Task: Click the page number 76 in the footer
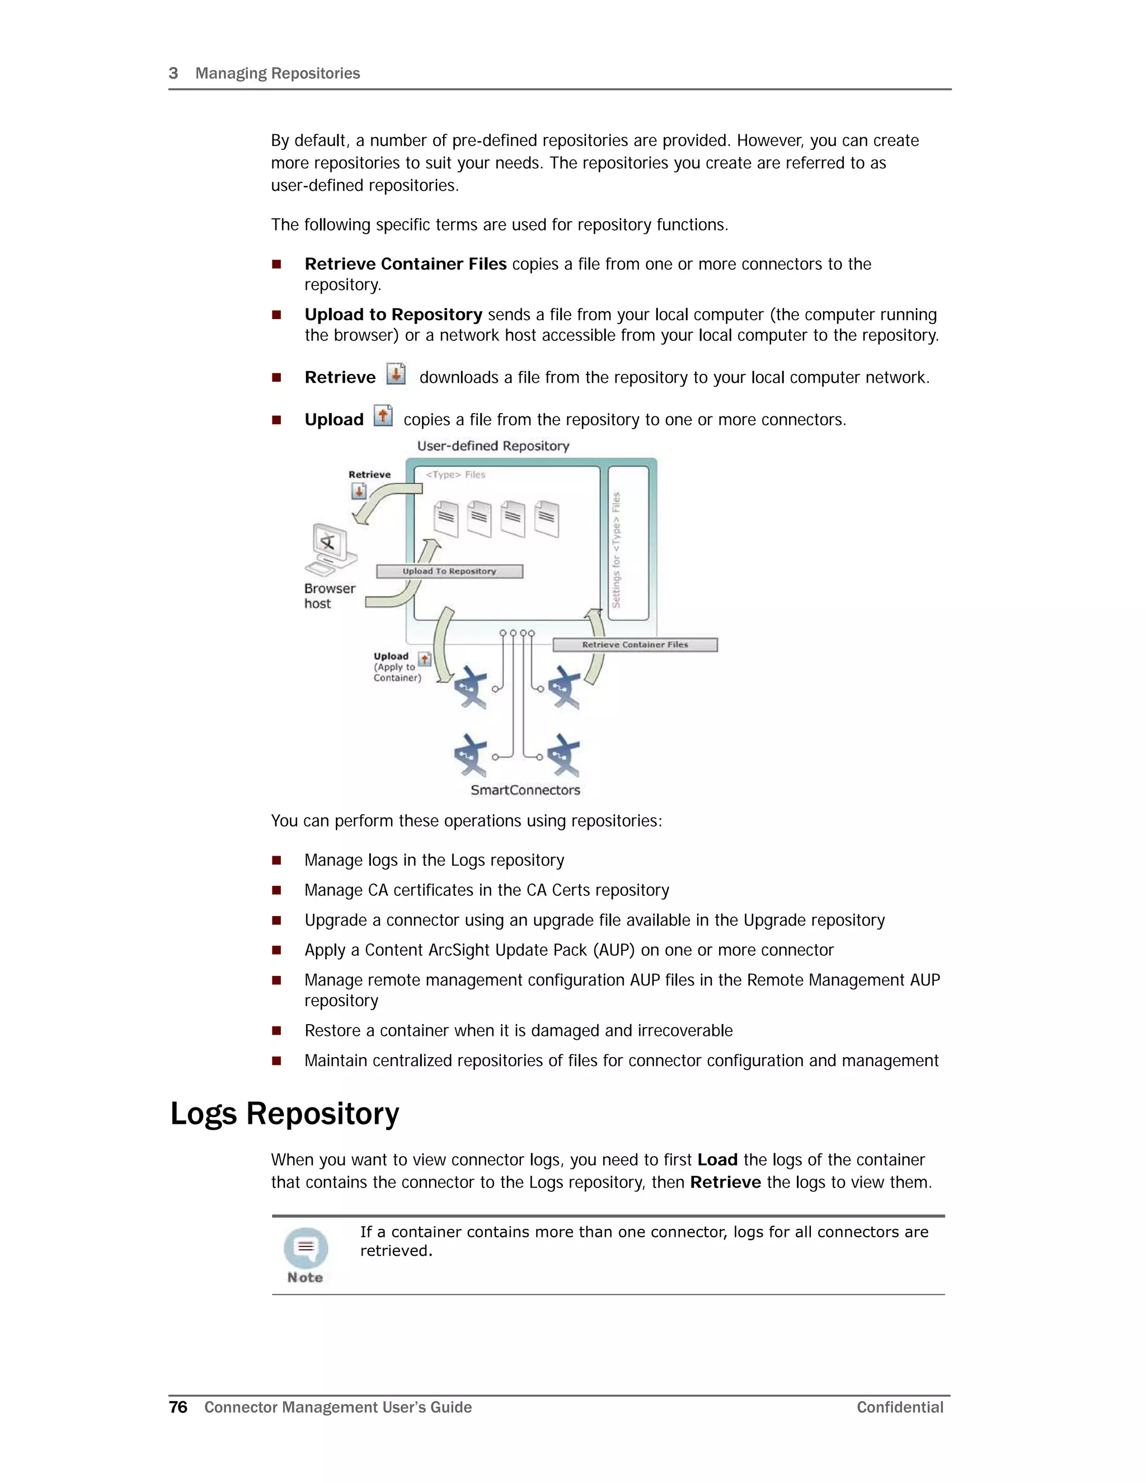(x=178, y=1407)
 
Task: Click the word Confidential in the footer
(x=900, y=1407)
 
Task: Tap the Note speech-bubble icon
(x=306, y=1247)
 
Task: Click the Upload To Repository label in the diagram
(x=449, y=571)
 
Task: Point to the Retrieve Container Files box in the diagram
(x=635, y=644)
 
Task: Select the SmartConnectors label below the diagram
(x=525, y=790)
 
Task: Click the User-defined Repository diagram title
(x=493, y=446)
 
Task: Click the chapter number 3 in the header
(x=173, y=73)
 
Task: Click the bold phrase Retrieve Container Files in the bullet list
(x=405, y=264)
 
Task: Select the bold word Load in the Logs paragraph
(x=717, y=1160)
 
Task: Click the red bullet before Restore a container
(x=276, y=1031)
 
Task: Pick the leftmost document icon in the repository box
(x=446, y=519)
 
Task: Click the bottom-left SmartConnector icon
(x=471, y=754)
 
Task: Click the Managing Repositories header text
(x=278, y=73)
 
